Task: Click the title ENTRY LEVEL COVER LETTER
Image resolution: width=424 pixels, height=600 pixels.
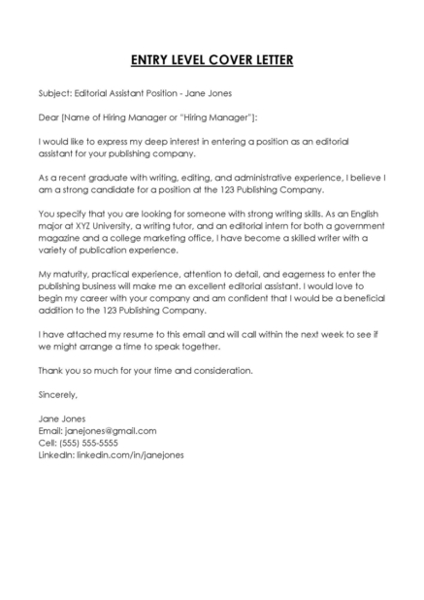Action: (212, 60)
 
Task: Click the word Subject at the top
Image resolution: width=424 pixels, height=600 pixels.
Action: (54, 94)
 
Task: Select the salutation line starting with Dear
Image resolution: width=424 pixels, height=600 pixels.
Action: (147, 117)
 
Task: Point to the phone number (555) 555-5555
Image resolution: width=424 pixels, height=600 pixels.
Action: (92, 442)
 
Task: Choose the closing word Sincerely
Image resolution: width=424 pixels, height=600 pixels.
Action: (57, 395)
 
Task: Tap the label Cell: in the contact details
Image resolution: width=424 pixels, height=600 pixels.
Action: (48, 442)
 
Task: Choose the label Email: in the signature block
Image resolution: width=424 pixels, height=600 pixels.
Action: (50, 430)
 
